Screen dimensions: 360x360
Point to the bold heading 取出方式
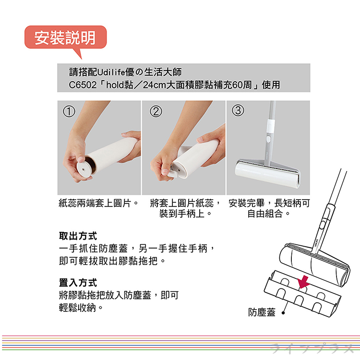[78, 237]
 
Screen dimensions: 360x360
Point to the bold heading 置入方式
[78, 282]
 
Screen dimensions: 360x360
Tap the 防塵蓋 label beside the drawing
[262, 312]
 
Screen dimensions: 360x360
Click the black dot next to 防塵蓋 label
[283, 312]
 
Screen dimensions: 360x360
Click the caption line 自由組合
[268, 212]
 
